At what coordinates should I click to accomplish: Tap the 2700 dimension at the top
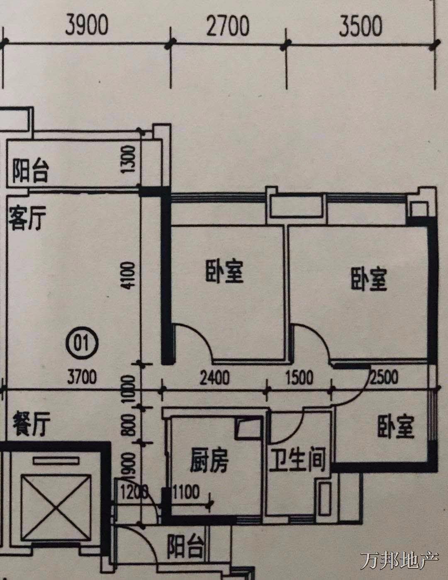point(228,26)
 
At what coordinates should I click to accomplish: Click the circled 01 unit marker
point(82,344)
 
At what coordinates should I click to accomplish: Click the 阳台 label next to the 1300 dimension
point(31,172)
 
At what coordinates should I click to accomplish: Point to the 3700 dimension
point(82,377)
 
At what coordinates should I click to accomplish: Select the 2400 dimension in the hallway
point(214,378)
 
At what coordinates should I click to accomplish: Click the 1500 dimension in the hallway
point(299,378)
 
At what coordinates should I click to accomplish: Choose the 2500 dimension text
point(384,376)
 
